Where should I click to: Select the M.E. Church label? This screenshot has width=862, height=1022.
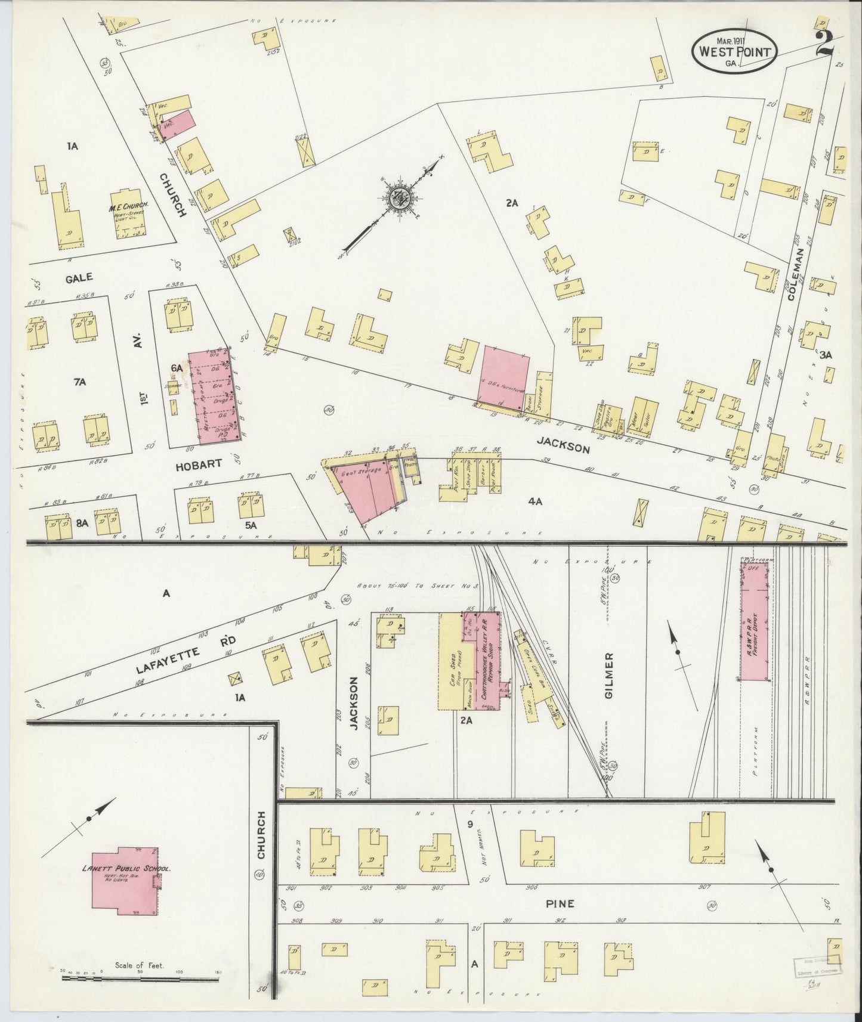(x=128, y=208)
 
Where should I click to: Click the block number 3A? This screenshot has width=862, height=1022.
(x=826, y=355)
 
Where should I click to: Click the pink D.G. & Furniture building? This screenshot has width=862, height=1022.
(x=505, y=374)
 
